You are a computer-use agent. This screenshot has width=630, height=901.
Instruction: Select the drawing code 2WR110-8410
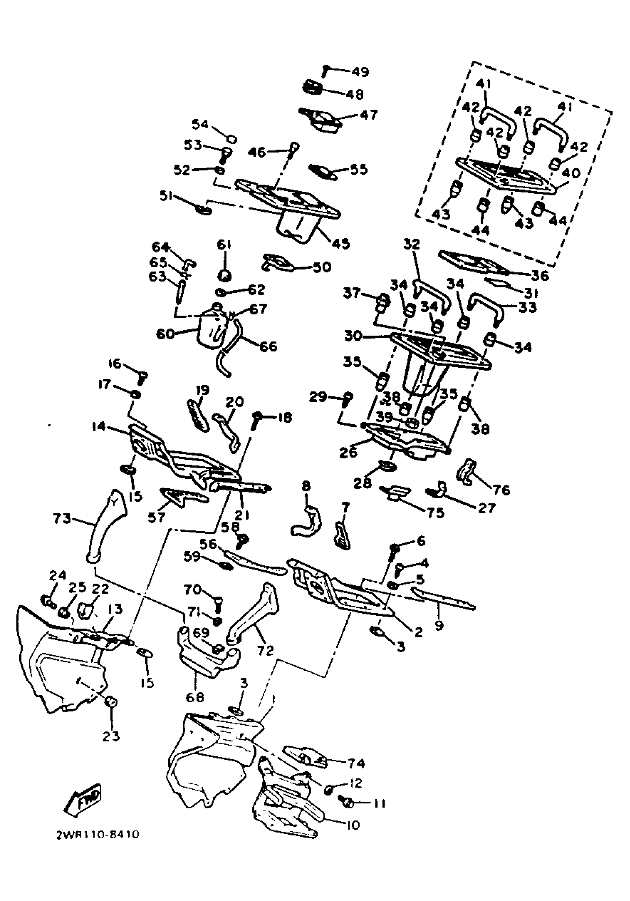pos(97,845)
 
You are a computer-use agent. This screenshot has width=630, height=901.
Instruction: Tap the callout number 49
pos(360,72)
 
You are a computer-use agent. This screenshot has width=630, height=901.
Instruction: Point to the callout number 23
pos(111,736)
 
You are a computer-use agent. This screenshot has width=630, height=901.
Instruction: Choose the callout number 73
pos(62,519)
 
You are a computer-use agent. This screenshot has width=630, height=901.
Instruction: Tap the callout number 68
pos(195,697)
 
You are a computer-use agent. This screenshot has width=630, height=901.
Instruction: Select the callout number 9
pos(439,625)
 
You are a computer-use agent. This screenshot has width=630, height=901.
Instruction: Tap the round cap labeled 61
pos(224,275)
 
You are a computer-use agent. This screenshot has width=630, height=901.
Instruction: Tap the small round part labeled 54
pos(232,139)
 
